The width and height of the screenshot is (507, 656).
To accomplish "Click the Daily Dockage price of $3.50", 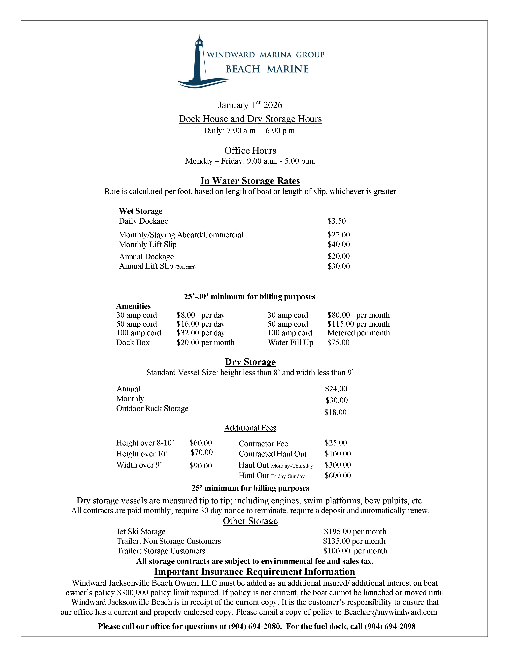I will [336, 221].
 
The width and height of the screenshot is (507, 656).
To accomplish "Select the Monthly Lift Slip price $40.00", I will [339, 245].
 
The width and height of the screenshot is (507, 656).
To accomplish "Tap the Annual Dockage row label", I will [146, 256].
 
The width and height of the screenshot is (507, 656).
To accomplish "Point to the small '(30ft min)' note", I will [185, 267].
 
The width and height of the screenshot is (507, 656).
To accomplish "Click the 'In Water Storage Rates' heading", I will [250, 181].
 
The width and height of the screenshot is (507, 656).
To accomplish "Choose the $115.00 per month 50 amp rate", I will [358, 324].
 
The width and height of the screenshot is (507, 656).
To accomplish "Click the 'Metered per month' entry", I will [358, 333].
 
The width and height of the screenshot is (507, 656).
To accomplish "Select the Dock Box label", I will [133, 343].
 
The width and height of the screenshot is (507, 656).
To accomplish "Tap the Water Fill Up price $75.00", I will [338, 343].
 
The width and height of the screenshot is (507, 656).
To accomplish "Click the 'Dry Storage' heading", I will [250, 362].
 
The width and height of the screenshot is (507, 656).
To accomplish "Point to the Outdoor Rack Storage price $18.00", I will [335, 412].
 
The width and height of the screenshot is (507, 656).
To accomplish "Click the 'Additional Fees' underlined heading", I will [250, 428].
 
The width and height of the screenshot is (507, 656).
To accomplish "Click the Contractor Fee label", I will [263, 444].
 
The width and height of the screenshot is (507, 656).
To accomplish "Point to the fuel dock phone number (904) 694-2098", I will [390, 626].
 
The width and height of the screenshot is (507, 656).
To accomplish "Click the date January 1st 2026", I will [250, 105].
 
